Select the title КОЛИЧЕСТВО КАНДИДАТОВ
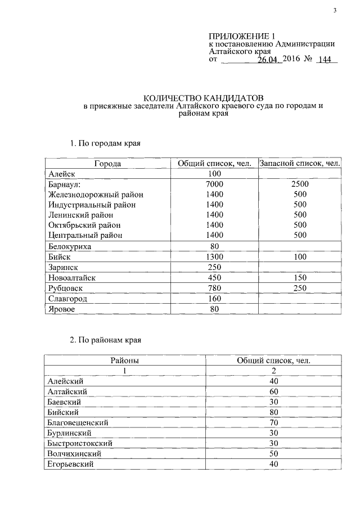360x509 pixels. [200, 97]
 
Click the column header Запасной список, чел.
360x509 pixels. [299, 164]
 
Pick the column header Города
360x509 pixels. [107, 164]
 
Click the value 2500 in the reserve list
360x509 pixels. [299, 184]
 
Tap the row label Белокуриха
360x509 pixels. [70, 246]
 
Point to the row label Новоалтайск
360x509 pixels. [73, 277]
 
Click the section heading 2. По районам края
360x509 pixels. [106, 340]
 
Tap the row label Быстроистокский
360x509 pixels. [80, 443]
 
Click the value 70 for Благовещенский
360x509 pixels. [273, 422]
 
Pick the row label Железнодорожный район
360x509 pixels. [95, 195]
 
